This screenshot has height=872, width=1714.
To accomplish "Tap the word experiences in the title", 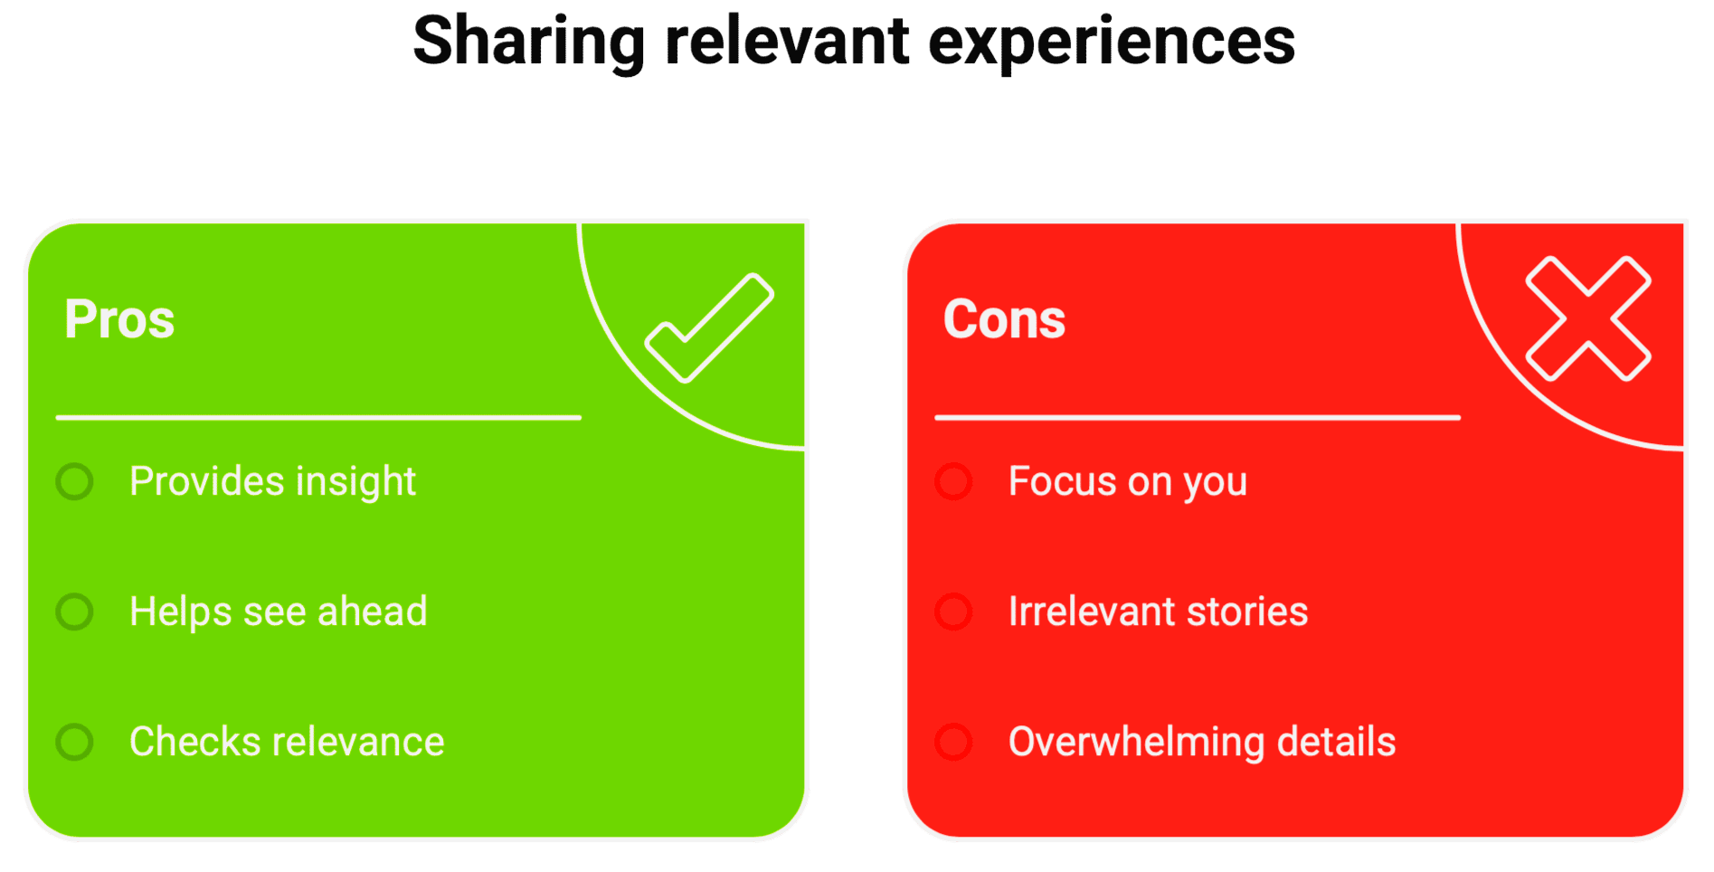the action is click(1112, 43).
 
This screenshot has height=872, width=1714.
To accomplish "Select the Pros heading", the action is click(119, 319).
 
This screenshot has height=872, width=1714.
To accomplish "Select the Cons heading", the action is click(1004, 319).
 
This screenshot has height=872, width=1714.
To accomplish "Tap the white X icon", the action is click(1588, 318).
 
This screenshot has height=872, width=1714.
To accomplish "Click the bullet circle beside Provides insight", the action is click(74, 481).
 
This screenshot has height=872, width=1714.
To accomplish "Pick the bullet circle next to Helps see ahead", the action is click(74, 611).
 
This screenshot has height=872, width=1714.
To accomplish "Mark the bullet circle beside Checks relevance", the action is click(74, 742).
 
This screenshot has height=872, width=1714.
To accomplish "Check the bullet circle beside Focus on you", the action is click(953, 481).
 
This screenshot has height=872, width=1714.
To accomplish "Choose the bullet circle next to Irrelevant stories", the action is click(953, 611).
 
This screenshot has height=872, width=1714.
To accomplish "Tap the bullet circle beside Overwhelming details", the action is click(953, 742).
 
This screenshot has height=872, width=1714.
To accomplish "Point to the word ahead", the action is click(372, 611).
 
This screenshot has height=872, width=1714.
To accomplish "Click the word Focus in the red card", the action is click(1063, 481).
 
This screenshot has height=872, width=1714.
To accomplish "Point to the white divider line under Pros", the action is click(318, 417).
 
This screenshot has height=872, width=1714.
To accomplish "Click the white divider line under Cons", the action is click(1198, 417).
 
